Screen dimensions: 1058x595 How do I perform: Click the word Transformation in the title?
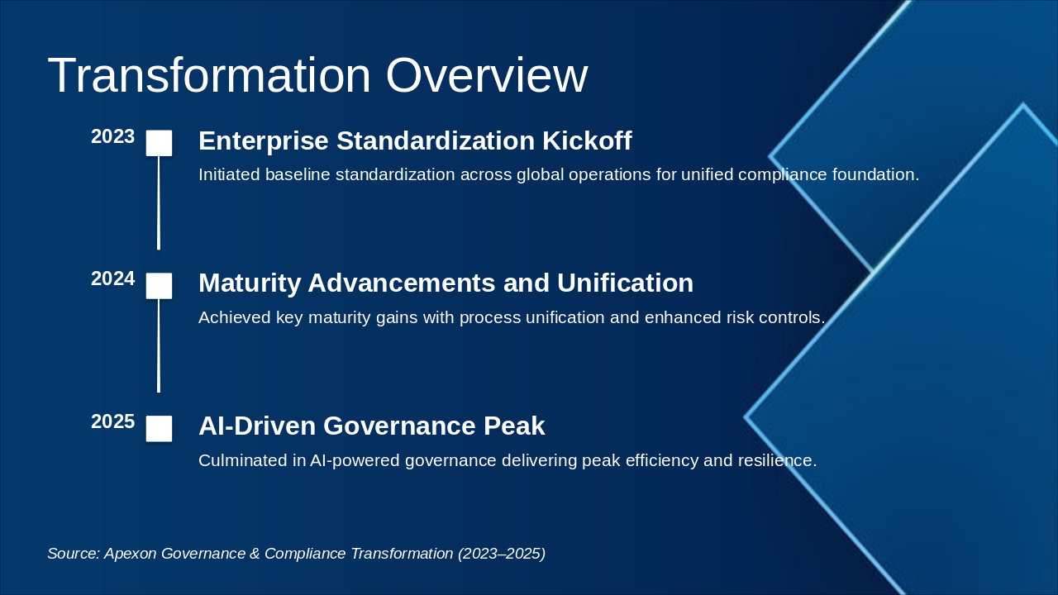coord(209,75)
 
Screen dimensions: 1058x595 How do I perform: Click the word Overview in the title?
coord(487,75)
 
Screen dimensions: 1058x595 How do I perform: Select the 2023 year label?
coord(113,136)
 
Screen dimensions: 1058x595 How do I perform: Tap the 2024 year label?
coord(113,278)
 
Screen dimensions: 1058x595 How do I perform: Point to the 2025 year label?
coord(113,421)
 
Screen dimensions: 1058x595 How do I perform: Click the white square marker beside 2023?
coord(159,143)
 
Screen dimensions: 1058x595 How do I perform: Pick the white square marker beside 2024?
coord(159,286)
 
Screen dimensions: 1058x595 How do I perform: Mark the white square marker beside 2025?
coord(159,429)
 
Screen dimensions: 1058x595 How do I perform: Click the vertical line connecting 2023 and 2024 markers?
coord(159,203)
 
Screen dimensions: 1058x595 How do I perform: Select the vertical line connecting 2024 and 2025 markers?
coord(159,345)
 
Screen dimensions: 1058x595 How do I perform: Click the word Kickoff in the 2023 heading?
coord(587,140)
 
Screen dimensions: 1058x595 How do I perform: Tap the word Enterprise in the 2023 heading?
coord(264,141)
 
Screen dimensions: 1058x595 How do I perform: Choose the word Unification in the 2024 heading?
coord(626,283)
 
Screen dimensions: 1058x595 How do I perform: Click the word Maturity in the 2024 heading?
coord(250,283)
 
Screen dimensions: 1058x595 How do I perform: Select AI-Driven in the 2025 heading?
coord(257,426)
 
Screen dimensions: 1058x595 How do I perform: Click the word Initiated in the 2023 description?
coord(229,174)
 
